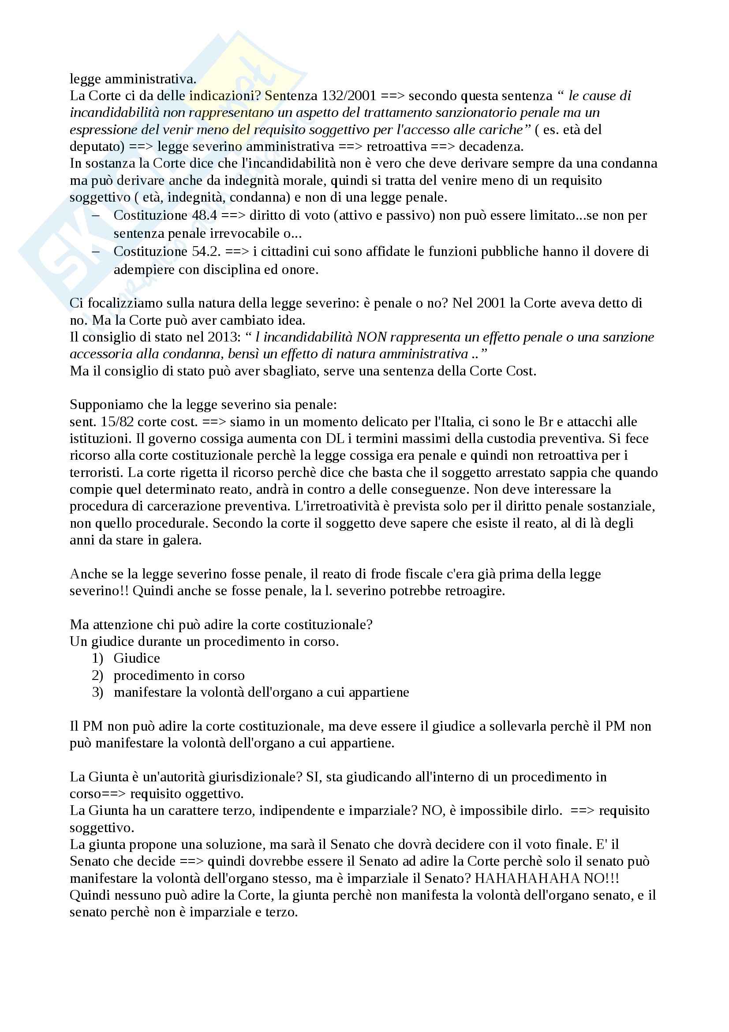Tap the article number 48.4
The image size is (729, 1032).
click(204, 215)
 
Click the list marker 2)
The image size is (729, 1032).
click(97, 675)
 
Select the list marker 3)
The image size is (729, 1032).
click(97, 692)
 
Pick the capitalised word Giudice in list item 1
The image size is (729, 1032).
click(137, 658)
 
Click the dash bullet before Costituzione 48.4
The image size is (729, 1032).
click(96, 215)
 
